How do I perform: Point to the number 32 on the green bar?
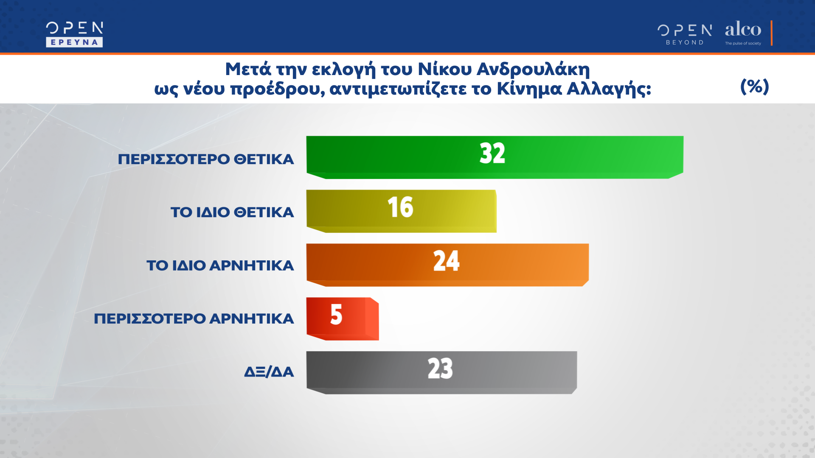click(492, 153)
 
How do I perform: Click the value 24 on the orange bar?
click(446, 261)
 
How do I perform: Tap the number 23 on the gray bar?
click(440, 368)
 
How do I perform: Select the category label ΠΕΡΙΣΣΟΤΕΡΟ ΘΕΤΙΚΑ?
click(206, 159)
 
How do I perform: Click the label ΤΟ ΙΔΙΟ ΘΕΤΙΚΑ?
click(232, 212)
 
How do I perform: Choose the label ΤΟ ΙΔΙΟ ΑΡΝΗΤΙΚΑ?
click(220, 266)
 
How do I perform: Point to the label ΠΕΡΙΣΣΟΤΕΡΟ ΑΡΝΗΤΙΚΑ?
click(194, 319)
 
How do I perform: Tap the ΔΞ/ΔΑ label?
click(269, 372)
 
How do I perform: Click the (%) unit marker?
click(754, 87)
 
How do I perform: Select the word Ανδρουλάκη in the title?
click(533, 69)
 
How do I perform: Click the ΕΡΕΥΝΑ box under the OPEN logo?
click(74, 42)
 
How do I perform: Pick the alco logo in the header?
click(743, 30)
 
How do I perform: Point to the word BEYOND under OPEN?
click(685, 42)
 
